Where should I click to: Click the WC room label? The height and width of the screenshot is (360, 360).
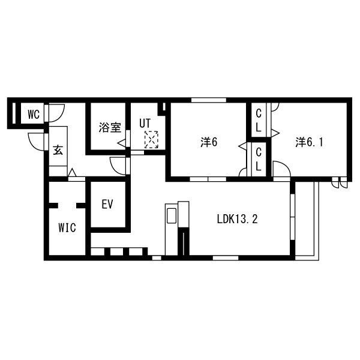coord(34,115)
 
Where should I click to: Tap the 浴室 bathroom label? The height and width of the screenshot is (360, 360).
coord(110,127)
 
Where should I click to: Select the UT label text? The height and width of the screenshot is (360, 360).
coord(145,123)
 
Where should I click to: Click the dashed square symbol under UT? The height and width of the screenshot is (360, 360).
coord(151,139)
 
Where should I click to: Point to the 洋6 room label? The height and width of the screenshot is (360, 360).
coord(209,142)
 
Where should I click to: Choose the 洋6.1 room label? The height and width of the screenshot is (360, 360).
coord(309,142)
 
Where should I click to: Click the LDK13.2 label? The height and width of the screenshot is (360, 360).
coord(238,219)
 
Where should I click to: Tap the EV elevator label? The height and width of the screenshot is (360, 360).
coord(107,204)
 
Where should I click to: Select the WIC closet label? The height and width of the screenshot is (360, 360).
coord(67,228)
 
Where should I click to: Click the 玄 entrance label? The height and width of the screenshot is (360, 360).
coord(58,150)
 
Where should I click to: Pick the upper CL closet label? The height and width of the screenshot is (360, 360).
coord(259,121)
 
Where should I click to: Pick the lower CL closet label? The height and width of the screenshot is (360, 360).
coord(259,160)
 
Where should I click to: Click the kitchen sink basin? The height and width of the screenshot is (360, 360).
coord(172,215)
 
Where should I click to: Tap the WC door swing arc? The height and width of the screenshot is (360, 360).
coord(60,117)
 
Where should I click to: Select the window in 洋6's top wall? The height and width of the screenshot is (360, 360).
coord(209,100)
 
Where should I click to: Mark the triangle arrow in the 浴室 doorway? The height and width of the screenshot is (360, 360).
coord(122,143)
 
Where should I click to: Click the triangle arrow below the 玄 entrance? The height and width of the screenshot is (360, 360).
coord(73,172)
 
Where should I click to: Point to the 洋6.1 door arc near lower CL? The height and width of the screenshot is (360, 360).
coord(284,166)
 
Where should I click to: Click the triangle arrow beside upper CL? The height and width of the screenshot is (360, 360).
coord(275,133)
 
